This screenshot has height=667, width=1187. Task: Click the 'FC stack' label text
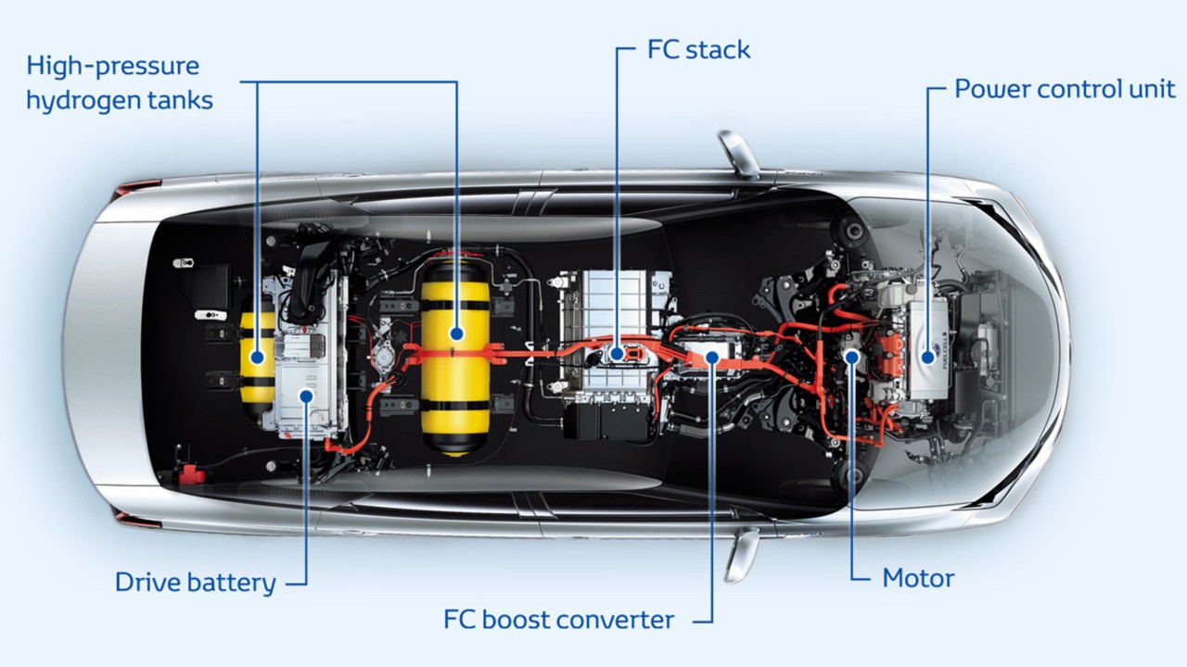tap(698, 49)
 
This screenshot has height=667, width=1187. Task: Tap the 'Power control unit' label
tap(1065, 89)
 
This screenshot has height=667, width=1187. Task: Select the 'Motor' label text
tap(918, 578)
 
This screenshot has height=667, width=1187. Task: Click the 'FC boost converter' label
tap(558, 619)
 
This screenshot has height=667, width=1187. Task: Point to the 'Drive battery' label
tap(195, 582)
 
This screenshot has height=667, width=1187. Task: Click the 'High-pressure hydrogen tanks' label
tap(119, 82)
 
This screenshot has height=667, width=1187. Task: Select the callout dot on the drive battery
tap(306, 396)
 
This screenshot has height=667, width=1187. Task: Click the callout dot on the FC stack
tap(618, 352)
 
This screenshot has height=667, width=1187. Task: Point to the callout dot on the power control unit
tap(927, 355)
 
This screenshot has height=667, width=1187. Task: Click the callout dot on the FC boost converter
tap(712, 355)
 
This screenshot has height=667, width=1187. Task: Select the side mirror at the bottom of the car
tap(741, 554)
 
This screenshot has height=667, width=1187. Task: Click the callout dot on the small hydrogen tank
tap(257, 356)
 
